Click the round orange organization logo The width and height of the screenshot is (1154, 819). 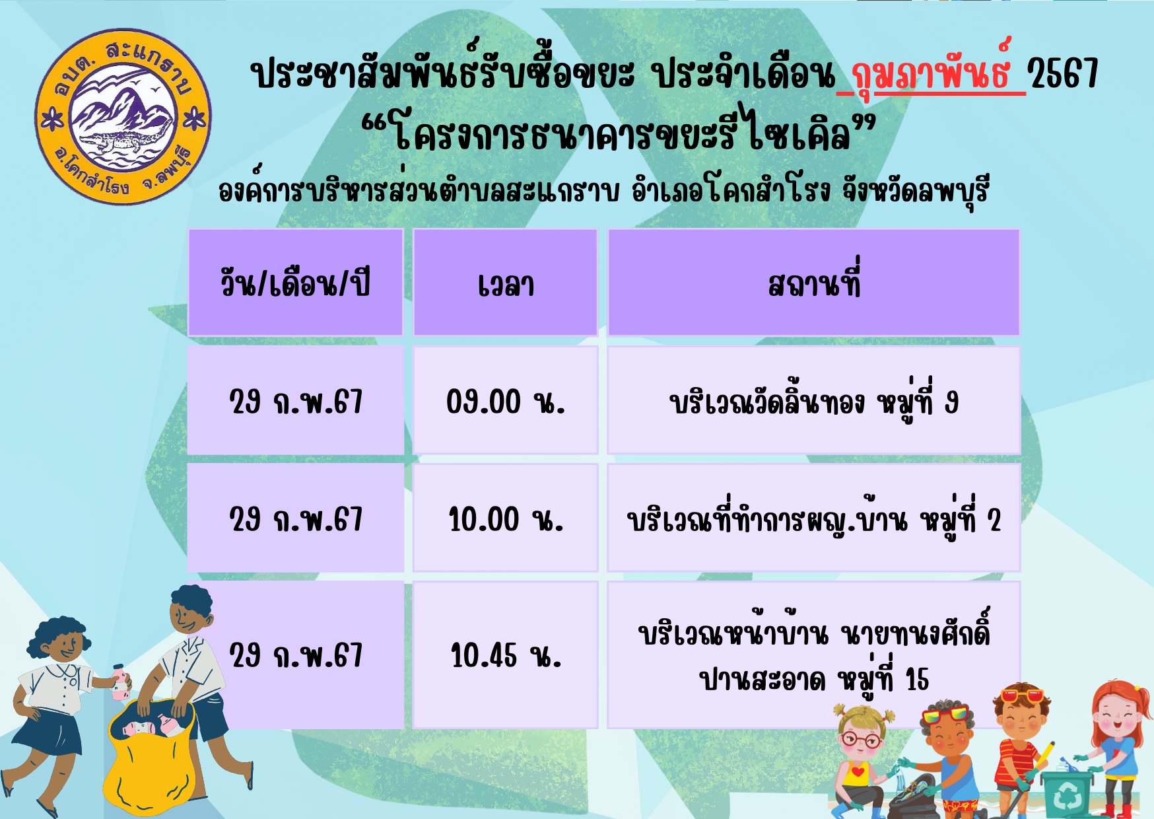[x=123, y=117]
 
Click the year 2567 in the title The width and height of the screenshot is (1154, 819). [x=1064, y=73]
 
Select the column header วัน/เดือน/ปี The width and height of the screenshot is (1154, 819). [x=295, y=283]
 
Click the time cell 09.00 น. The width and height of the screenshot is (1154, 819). [x=505, y=400]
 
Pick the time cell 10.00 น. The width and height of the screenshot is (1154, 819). [x=505, y=518]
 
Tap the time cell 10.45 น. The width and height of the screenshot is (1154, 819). [x=505, y=655]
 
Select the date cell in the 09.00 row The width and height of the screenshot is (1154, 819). [x=295, y=400]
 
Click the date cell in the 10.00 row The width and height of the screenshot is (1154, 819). [x=295, y=518]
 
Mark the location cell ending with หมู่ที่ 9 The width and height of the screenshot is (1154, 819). [x=813, y=400]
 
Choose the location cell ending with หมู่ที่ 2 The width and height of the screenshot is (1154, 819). [x=813, y=518]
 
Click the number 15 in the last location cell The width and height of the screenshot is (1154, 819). [x=917, y=679]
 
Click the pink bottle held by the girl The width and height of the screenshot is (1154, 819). [x=119, y=683]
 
